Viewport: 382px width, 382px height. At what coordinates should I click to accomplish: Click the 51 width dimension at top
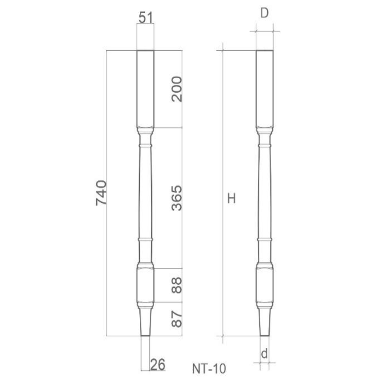145,17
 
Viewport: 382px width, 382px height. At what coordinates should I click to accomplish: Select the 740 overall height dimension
101,193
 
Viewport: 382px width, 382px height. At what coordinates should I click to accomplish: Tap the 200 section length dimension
176,89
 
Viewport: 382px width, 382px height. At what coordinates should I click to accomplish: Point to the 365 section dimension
176,198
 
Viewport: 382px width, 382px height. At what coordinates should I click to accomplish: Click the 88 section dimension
176,285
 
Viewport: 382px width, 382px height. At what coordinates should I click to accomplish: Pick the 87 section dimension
176,319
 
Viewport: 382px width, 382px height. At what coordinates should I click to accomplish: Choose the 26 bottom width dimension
157,364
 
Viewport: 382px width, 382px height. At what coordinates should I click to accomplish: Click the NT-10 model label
209,369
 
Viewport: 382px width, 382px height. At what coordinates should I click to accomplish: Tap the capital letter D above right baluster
265,13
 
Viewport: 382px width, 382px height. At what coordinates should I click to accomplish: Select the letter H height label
231,199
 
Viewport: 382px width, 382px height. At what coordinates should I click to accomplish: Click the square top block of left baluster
145,88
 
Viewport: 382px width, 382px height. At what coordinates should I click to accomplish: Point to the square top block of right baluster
265,88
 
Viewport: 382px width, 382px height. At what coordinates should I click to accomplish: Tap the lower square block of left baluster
145,285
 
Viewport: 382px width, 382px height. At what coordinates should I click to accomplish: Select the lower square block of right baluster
265,285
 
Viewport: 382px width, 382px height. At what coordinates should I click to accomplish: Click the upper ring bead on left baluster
145,145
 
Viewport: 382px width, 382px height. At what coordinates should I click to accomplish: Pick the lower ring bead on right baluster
265,240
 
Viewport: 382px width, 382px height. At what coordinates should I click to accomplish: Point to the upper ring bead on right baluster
265,145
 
